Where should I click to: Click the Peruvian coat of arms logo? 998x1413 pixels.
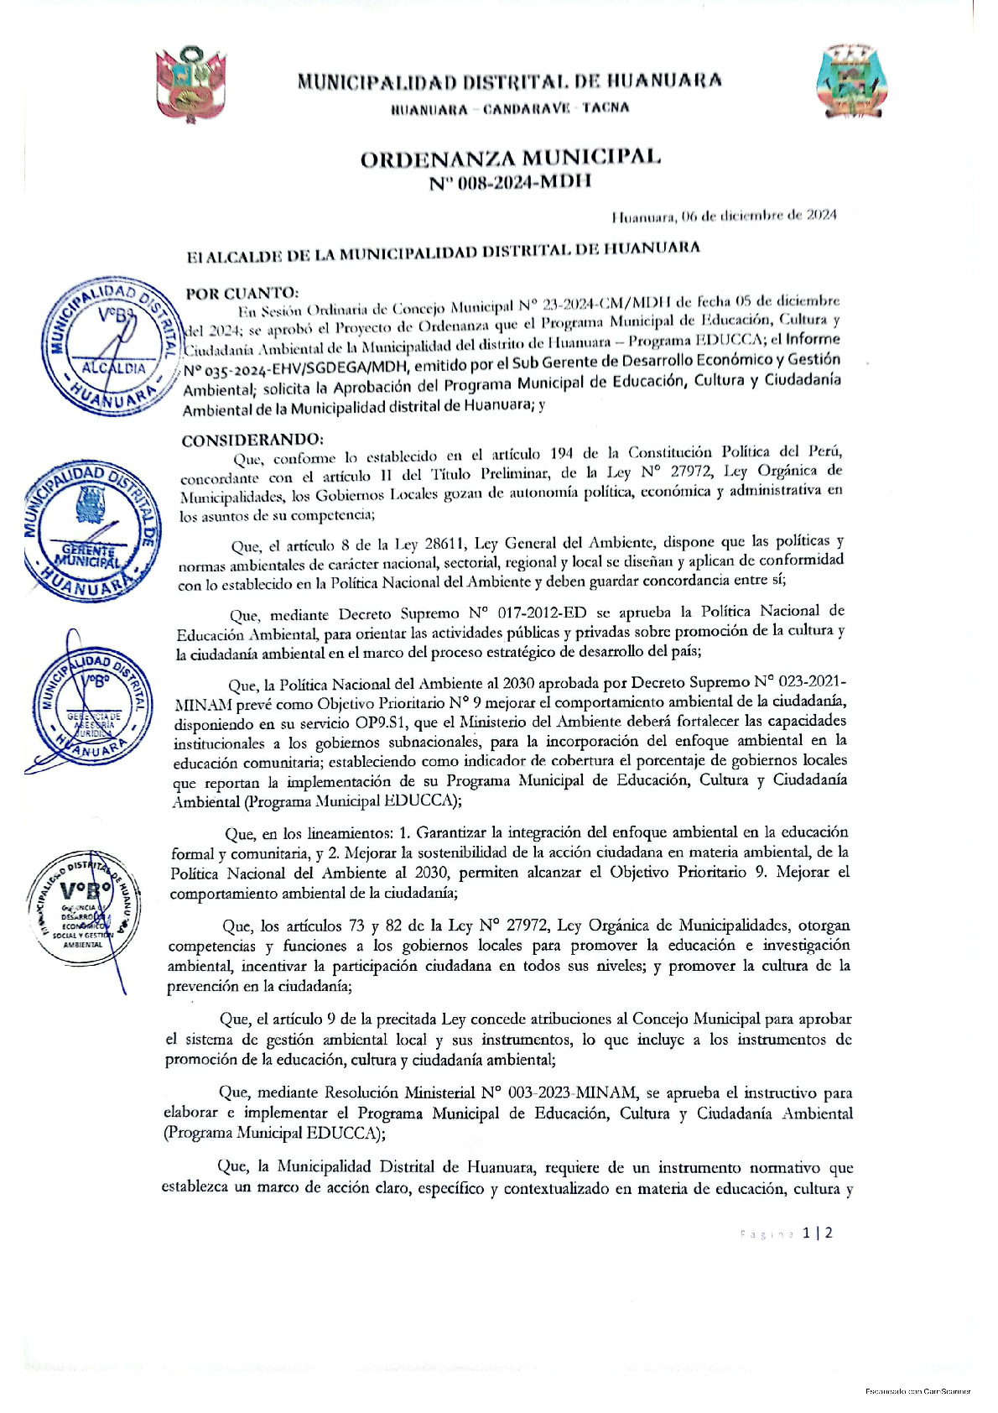(191, 84)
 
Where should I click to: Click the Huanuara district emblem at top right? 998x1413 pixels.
(850, 81)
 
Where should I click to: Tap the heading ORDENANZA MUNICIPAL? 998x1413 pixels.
(510, 158)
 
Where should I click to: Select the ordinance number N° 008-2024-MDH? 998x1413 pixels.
(510, 181)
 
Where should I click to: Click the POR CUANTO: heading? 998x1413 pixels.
(242, 293)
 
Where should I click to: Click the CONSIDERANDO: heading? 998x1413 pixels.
(252, 440)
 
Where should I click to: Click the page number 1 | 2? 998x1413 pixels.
(817, 1233)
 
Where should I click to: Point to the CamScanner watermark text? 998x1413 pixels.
(917, 1390)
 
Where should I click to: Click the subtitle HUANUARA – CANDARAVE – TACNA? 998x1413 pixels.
(510, 108)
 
